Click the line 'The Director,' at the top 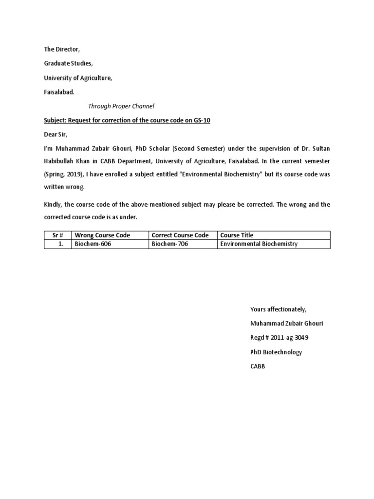[x=61, y=49]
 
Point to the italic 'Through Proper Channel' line [x=121, y=106]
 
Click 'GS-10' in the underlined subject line [x=201, y=120]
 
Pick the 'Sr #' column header [x=58, y=235]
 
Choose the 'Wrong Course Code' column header [x=102, y=235]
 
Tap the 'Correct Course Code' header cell [x=180, y=235]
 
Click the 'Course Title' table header [x=237, y=235]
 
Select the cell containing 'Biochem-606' [x=93, y=244]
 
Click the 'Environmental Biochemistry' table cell [x=259, y=244]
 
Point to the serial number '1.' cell [x=61, y=244]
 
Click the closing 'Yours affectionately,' [x=278, y=309]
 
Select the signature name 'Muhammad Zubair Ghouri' [x=286, y=324]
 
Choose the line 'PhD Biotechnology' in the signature [x=276, y=352]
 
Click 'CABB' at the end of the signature [x=258, y=366]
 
